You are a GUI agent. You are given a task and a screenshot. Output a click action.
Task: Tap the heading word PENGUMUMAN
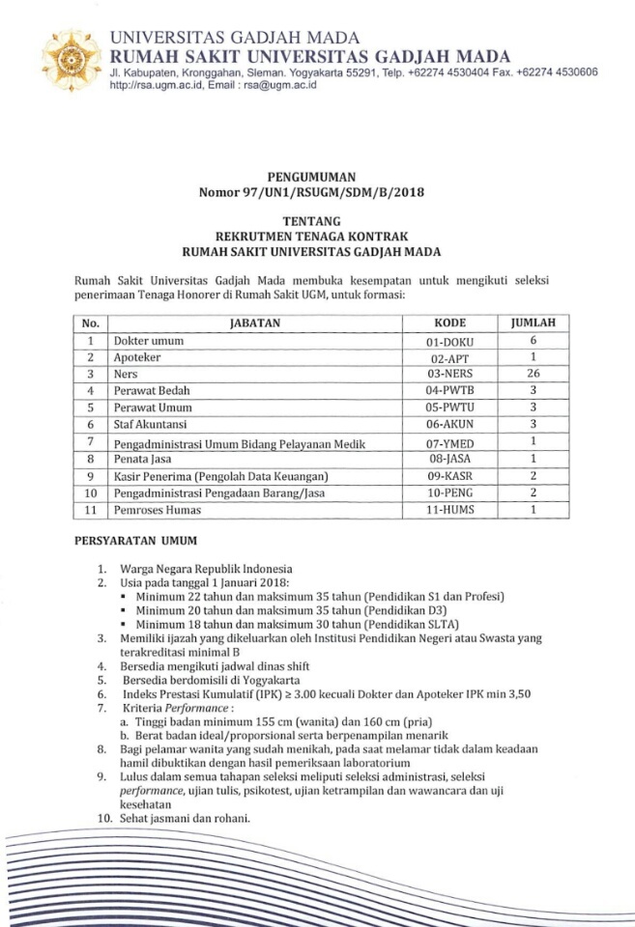point(317,177)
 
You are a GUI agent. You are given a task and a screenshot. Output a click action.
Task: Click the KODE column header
point(451,323)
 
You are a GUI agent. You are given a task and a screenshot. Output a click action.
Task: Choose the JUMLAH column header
point(532,323)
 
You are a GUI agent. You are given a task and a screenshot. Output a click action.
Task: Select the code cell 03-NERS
point(451,374)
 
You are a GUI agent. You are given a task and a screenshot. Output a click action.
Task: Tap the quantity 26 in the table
point(532,374)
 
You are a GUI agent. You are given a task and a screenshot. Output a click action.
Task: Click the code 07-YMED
point(451,441)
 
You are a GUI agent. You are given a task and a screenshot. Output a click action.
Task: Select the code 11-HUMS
point(451,510)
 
